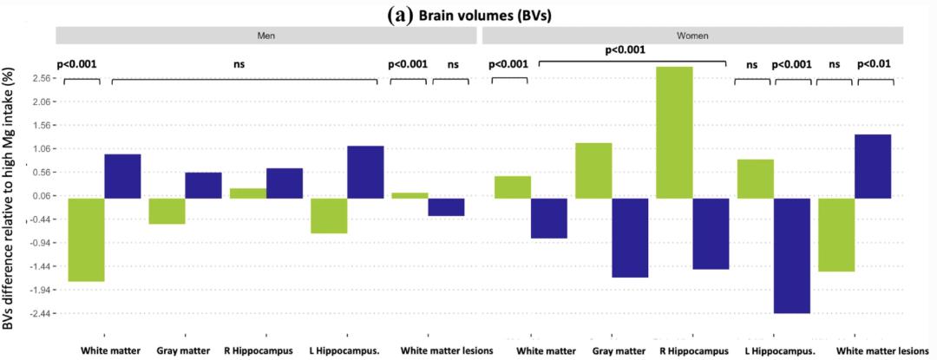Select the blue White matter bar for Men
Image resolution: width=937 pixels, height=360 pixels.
click(122, 176)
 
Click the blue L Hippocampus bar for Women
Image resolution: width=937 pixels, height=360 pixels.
click(791, 255)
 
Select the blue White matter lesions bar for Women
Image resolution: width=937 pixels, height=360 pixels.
click(874, 166)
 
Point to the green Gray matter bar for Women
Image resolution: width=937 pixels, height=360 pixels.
click(593, 170)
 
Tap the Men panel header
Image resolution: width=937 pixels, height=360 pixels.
click(266, 36)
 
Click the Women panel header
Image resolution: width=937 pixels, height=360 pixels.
click(692, 36)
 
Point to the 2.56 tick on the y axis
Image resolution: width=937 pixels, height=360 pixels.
click(43, 78)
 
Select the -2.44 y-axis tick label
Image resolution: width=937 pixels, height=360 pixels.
click(42, 313)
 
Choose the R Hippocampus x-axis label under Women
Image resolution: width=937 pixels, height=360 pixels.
click(694, 351)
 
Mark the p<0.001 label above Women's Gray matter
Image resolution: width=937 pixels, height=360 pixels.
click(632, 50)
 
